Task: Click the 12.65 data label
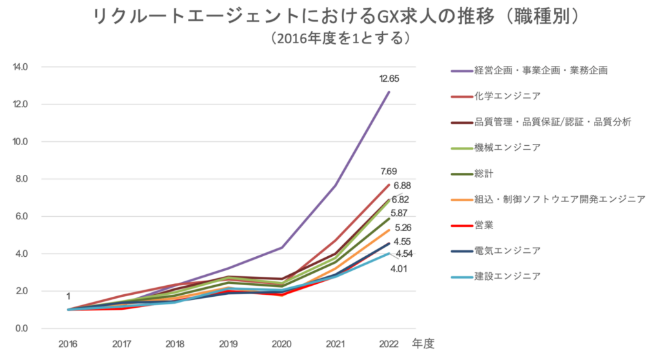[389, 79]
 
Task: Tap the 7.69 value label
[388, 172]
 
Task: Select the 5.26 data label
[403, 227]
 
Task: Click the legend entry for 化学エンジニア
[507, 95]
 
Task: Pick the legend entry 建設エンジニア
[507, 276]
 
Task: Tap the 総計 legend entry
[483, 173]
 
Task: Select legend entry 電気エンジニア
[507, 250]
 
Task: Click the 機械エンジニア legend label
[507, 147]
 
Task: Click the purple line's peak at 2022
[389, 92]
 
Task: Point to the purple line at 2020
[282, 247]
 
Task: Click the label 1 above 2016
[68, 296]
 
